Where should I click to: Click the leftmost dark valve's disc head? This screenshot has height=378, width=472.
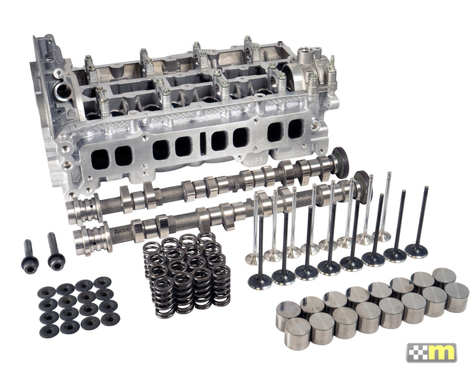[260, 281]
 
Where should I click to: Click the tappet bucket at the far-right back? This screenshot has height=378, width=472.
[445, 278]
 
